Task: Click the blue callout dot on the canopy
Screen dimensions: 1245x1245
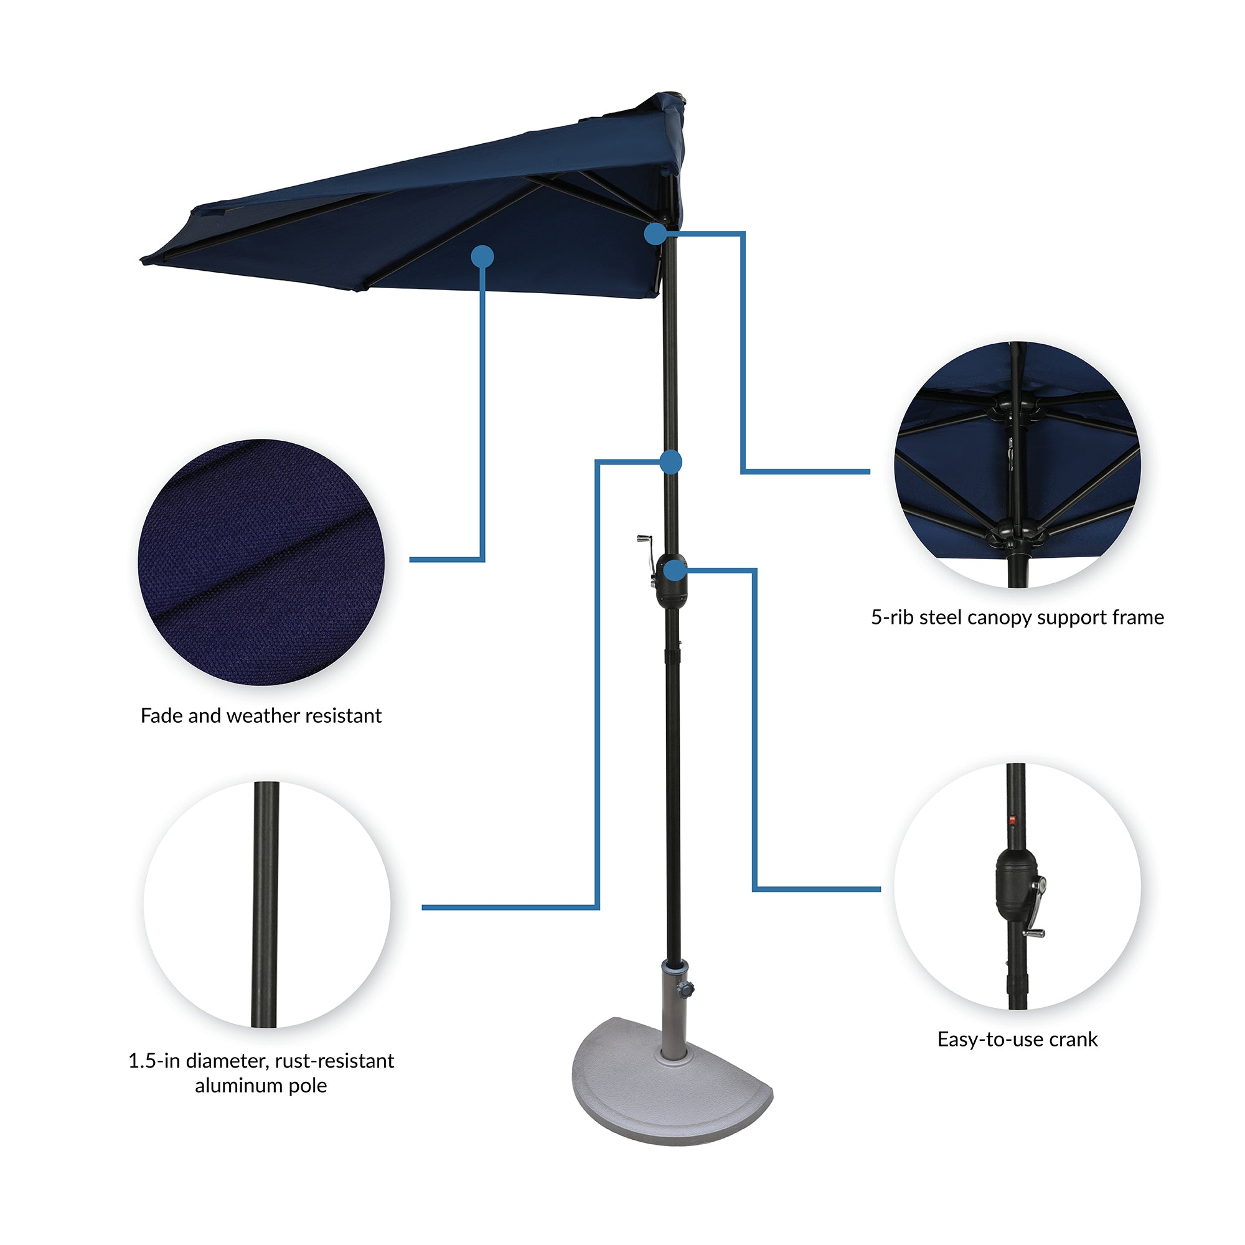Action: coord(482,256)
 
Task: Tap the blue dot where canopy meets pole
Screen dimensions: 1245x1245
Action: coord(655,233)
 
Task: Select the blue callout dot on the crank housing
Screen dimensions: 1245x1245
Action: coord(674,570)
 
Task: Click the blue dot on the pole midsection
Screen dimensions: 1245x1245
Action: coord(671,461)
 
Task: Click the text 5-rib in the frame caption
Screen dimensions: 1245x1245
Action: coord(892,618)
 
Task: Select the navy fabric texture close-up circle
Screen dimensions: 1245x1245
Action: coord(261,562)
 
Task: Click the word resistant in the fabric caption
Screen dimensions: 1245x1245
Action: coord(342,715)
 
